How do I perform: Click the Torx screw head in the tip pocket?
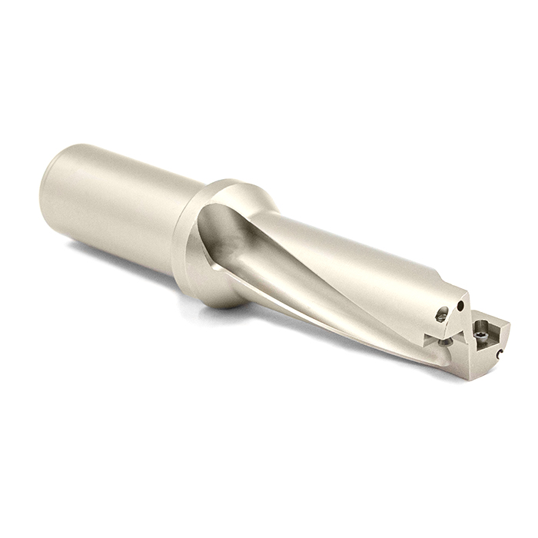pos(481,335)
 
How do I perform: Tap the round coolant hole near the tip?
pos(460,306)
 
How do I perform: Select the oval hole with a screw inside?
pos(441,314)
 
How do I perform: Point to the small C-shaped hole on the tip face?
pos(499,354)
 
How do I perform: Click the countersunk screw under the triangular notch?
pos(443,342)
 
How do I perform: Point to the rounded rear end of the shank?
pos(48,188)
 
